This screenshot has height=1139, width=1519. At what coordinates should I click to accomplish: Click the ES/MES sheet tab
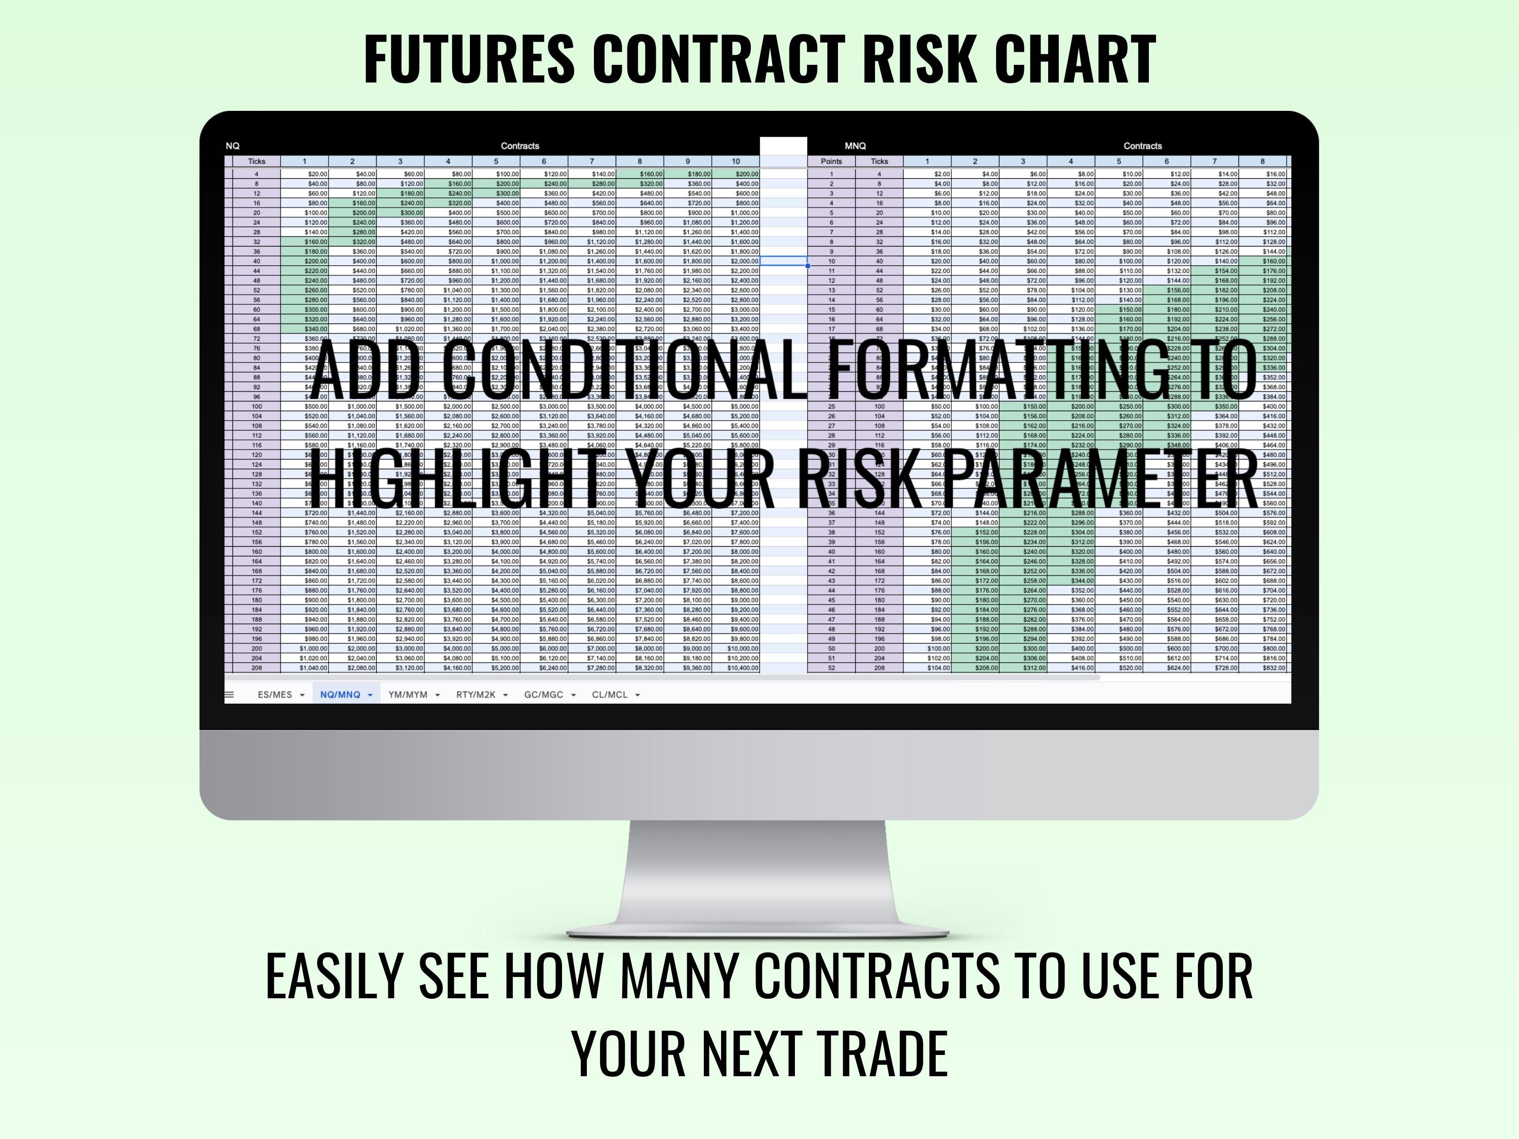274,695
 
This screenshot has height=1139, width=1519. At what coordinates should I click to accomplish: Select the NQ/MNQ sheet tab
340,695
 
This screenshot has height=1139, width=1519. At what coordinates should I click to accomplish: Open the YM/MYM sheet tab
408,695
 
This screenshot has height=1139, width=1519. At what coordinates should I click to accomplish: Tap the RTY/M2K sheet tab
476,695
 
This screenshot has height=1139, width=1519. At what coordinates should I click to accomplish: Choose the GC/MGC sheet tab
543,695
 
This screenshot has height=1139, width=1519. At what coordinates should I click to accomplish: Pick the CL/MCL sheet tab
610,695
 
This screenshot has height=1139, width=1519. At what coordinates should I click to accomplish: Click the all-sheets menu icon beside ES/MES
229,695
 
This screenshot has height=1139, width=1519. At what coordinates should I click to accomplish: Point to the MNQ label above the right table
855,146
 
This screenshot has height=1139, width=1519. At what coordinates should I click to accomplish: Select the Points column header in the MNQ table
831,161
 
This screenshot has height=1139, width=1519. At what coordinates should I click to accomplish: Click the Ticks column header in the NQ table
256,161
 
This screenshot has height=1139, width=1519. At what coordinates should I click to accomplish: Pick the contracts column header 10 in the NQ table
736,161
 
